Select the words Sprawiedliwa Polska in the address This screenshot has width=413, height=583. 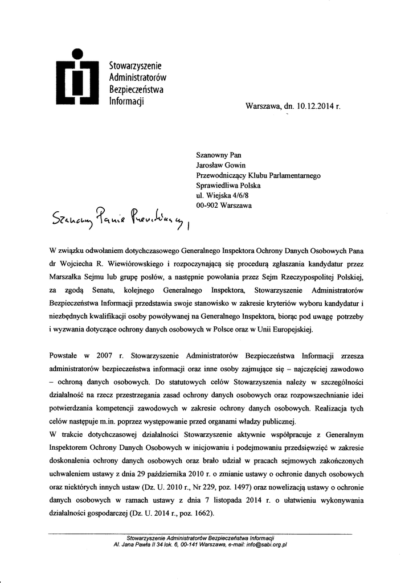[x=228, y=186]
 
